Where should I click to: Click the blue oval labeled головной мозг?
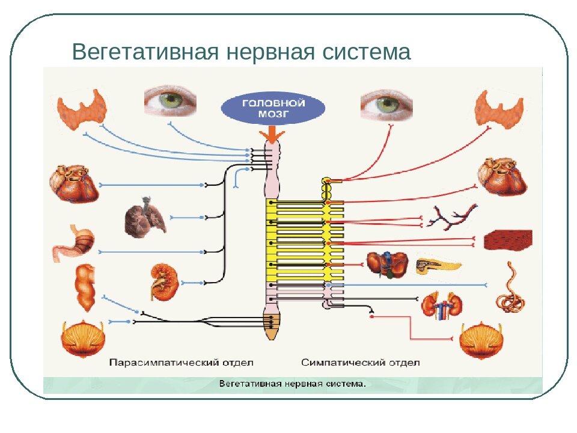(x=273, y=108)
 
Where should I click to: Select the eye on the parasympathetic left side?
(x=170, y=100)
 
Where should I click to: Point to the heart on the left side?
(x=73, y=182)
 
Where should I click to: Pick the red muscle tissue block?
(x=508, y=239)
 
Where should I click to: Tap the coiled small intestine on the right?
(x=510, y=287)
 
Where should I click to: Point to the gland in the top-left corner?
(x=80, y=109)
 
